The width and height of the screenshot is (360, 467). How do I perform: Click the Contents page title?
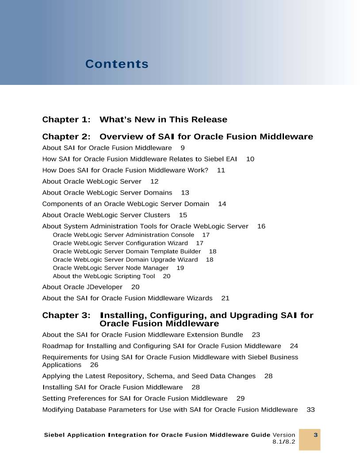[x=117, y=64]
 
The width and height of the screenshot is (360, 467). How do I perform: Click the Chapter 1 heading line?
[x=134, y=119]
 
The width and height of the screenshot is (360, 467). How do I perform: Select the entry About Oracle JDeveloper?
[x=82, y=287]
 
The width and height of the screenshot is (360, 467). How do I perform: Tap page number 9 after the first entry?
[x=183, y=148]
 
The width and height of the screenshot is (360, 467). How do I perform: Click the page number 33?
[x=310, y=410]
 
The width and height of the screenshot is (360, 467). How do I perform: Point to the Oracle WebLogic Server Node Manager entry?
[x=111, y=268]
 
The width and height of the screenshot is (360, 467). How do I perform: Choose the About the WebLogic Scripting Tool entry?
[x=104, y=276]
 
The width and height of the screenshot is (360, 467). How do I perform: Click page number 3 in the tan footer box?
[x=316, y=435]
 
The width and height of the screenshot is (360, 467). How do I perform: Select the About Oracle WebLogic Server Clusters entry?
[x=106, y=215]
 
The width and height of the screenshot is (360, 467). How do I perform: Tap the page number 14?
[x=222, y=204]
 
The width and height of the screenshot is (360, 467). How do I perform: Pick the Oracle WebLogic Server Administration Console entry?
[x=123, y=235]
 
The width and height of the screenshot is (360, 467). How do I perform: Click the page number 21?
[x=225, y=298]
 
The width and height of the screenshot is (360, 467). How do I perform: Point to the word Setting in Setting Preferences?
[x=53, y=398]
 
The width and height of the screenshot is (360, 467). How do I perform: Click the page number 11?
[x=221, y=170]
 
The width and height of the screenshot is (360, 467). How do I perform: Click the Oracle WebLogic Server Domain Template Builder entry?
[x=127, y=251]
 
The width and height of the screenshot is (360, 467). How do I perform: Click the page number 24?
[x=294, y=346]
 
